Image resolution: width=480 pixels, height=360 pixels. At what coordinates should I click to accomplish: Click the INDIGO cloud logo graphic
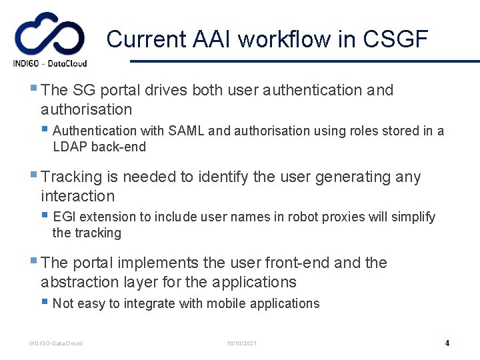[x=50, y=35]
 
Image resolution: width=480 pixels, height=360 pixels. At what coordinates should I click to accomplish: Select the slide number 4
[x=447, y=343]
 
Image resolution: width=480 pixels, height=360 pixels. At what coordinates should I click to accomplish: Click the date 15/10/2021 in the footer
[x=241, y=343]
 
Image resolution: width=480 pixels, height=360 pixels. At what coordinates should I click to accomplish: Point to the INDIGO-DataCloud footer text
[x=55, y=343]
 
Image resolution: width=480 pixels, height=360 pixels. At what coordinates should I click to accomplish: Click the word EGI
[x=64, y=217]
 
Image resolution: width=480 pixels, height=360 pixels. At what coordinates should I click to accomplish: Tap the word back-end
[x=121, y=147]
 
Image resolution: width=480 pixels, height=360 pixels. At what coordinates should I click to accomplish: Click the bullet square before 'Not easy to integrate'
[x=44, y=302]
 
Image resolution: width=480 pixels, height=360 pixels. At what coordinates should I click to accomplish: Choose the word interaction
[x=77, y=196]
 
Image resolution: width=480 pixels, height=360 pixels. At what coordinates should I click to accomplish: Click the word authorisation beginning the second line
[x=86, y=109]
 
